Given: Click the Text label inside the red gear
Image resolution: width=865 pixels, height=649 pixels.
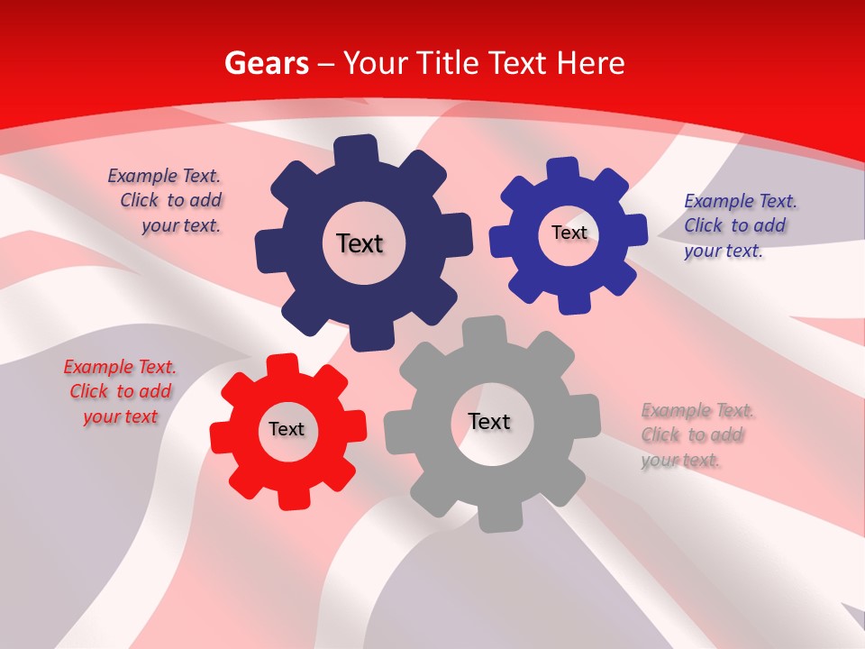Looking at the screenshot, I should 287,430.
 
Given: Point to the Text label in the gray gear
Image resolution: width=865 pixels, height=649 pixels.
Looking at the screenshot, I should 489,422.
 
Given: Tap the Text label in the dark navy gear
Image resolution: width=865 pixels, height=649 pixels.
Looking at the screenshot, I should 360,243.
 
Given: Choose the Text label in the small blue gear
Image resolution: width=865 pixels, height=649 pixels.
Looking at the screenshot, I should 569,233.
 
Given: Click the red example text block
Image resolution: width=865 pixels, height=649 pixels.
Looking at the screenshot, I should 120,392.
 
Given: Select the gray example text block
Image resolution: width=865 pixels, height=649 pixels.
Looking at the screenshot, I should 697,435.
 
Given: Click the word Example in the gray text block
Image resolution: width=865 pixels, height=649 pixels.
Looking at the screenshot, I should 676,411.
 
